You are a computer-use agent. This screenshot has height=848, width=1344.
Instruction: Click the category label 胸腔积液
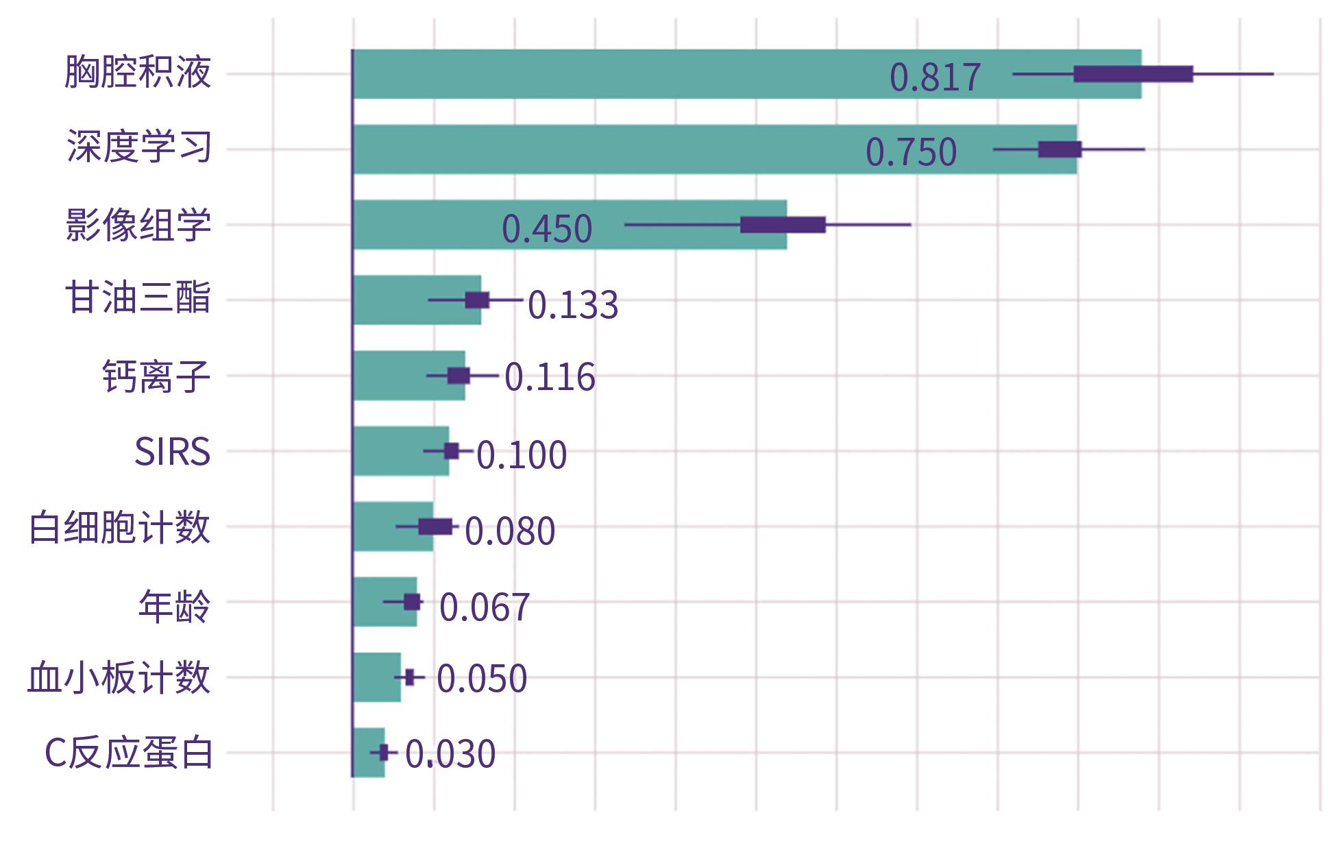(x=138, y=72)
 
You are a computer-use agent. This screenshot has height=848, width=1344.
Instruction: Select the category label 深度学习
(x=139, y=147)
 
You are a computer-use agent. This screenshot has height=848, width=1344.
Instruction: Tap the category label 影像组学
(x=138, y=224)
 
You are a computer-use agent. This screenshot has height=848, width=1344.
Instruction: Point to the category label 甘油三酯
(x=138, y=299)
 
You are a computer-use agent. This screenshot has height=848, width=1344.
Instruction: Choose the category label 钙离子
(x=156, y=376)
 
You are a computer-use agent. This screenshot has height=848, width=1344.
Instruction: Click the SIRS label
(x=172, y=452)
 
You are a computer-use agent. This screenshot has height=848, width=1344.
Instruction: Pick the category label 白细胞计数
(x=119, y=527)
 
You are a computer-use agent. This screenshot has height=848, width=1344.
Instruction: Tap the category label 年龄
(x=174, y=605)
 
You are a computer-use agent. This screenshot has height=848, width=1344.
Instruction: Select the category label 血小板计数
(x=119, y=678)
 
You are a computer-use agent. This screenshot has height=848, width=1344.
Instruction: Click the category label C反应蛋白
(x=129, y=753)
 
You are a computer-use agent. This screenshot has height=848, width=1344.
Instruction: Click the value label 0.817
(x=935, y=77)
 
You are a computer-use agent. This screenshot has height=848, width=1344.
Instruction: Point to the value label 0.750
(x=911, y=152)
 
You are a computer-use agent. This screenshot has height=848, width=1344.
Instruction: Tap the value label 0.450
(x=547, y=228)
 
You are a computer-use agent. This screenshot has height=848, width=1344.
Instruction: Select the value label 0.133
(x=573, y=304)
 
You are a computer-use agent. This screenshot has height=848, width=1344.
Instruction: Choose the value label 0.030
(x=450, y=754)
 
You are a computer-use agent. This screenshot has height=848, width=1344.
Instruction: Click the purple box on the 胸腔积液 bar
(x=1133, y=74)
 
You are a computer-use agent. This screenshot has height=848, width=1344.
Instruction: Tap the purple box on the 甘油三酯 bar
(x=477, y=300)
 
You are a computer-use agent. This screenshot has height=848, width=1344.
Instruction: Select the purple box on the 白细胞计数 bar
(x=435, y=526)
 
